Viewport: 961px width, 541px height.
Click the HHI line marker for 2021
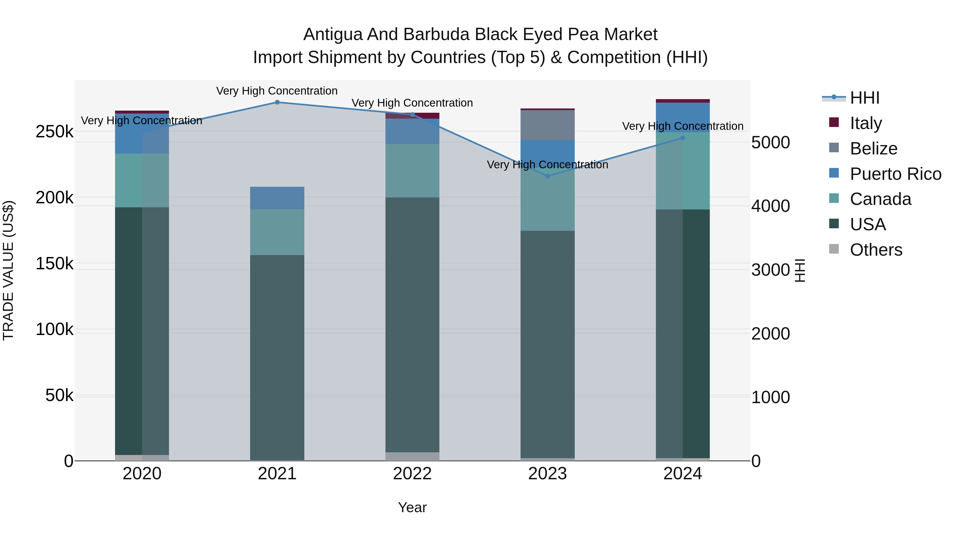tap(277, 102)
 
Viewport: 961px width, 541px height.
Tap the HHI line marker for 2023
tap(547, 176)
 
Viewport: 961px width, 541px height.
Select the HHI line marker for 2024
tap(683, 138)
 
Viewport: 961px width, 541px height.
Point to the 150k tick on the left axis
tap(54, 264)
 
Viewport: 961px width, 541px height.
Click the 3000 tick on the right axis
tap(770, 270)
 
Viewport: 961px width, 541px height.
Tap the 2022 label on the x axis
tap(412, 474)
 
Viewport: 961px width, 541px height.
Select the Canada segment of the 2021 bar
tap(277, 232)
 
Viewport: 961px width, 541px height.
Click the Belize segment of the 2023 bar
tap(547, 125)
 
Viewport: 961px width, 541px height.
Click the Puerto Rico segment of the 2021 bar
tap(277, 198)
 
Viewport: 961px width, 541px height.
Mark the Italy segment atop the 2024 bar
tap(683, 101)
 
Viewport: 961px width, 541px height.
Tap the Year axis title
tap(412, 507)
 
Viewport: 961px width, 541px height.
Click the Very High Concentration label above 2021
tap(277, 91)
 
